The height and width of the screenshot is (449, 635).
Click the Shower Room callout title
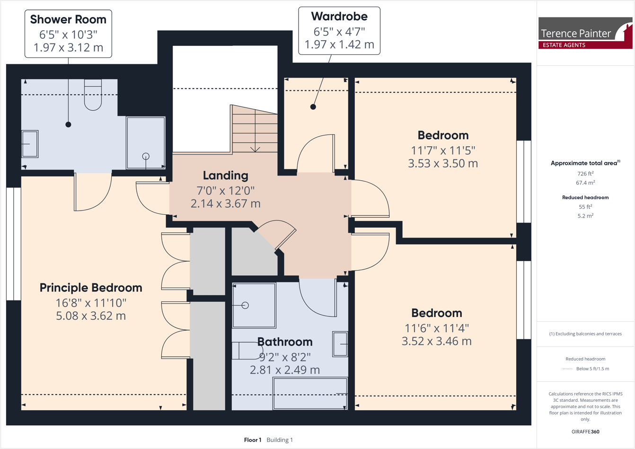(68, 19)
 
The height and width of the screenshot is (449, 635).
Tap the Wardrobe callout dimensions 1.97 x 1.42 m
(339, 44)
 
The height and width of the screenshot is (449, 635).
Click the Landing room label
(225, 176)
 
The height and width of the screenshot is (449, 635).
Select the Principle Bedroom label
(91, 288)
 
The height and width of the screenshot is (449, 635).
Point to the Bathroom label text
(285, 342)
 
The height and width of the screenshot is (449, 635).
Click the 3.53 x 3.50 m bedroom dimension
(443, 164)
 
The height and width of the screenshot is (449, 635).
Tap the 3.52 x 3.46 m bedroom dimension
(436, 341)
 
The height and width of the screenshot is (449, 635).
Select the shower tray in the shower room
(145, 142)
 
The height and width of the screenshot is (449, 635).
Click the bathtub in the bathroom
(310, 393)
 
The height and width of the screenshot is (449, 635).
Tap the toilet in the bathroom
(247, 351)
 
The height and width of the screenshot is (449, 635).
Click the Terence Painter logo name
(575, 33)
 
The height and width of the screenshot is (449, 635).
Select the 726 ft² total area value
(585, 174)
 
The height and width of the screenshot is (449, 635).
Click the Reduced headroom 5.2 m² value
(585, 216)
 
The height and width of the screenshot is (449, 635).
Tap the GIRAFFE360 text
(585, 431)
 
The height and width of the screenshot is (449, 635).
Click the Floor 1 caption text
(253, 440)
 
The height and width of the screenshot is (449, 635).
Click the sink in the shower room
(30, 144)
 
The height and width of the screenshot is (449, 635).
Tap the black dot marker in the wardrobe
(313, 107)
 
